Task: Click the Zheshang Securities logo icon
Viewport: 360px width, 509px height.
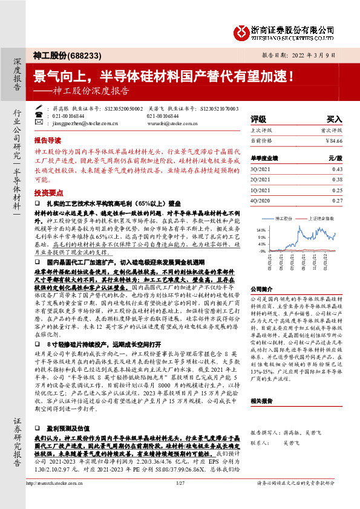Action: (x=243, y=31)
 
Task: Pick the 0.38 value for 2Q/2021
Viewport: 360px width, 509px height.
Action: (x=337, y=180)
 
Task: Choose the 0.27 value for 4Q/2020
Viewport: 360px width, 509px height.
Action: (x=337, y=200)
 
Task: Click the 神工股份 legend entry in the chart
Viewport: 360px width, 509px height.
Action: (x=285, y=216)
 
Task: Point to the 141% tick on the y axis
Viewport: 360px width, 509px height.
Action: (x=261, y=230)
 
